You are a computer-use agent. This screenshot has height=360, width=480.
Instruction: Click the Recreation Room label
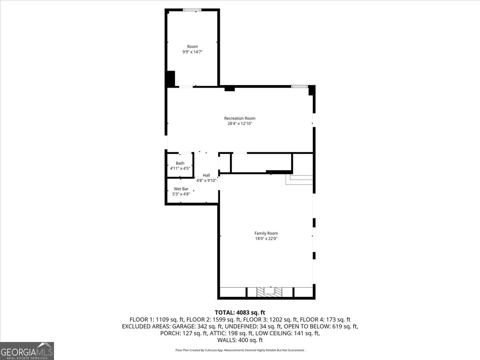(240, 118)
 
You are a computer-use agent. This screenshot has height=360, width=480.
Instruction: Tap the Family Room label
(266, 233)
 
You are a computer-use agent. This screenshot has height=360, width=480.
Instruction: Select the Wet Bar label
(181, 189)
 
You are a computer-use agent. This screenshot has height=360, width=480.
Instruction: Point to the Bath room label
(180, 163)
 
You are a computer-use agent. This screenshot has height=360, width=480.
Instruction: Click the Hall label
(206, 175)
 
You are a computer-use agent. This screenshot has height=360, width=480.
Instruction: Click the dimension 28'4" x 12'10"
(240, 124)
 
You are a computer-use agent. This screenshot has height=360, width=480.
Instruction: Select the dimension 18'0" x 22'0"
(266, 238)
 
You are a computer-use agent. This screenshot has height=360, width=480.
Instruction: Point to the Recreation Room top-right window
(299, 86)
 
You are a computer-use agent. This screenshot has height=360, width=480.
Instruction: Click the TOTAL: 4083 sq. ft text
(240, 312)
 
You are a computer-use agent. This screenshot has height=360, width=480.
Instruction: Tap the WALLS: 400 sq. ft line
(240, 340)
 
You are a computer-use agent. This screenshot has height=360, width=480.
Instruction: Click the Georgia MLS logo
(27, 351)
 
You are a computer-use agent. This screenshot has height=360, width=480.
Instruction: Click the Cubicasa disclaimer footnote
(240, 350)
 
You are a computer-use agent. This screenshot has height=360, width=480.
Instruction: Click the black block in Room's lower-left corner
(171, 78)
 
